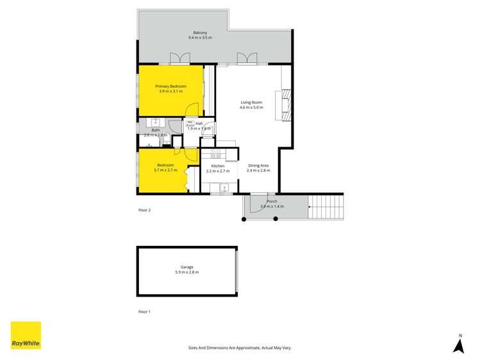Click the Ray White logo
[26, 335]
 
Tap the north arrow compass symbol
[458, 345]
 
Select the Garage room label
[186, 267]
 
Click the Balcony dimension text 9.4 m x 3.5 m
[200, 38]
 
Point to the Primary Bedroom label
[170, 86]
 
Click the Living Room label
[251, 102]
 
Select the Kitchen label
[218, 166]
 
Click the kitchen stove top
[216, 154]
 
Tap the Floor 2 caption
[144, 210]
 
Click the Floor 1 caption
[144, 311]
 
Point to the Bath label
[156, 130]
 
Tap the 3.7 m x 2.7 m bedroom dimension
[165, 170]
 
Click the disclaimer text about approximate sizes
[240, 348]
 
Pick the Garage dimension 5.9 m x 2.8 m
[186, 272]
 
